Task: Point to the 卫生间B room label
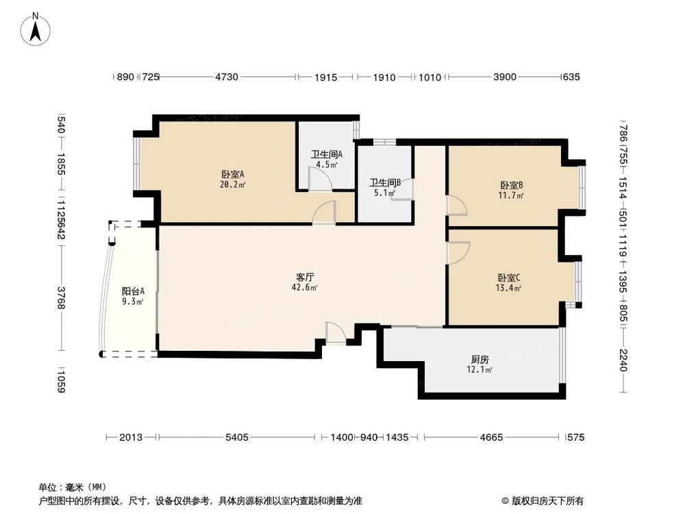(x=384, y=183)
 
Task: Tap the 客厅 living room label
(x=305, y=278)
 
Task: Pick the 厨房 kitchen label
(x=480, y=360)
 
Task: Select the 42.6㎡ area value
(x=305, y=288)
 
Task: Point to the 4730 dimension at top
(x=227, y=77)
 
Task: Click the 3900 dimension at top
(x=504, y=77)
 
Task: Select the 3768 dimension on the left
(x=62, y=298)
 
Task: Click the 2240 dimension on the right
(x=623, y=360)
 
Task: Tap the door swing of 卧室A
(x=324, y=213)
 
